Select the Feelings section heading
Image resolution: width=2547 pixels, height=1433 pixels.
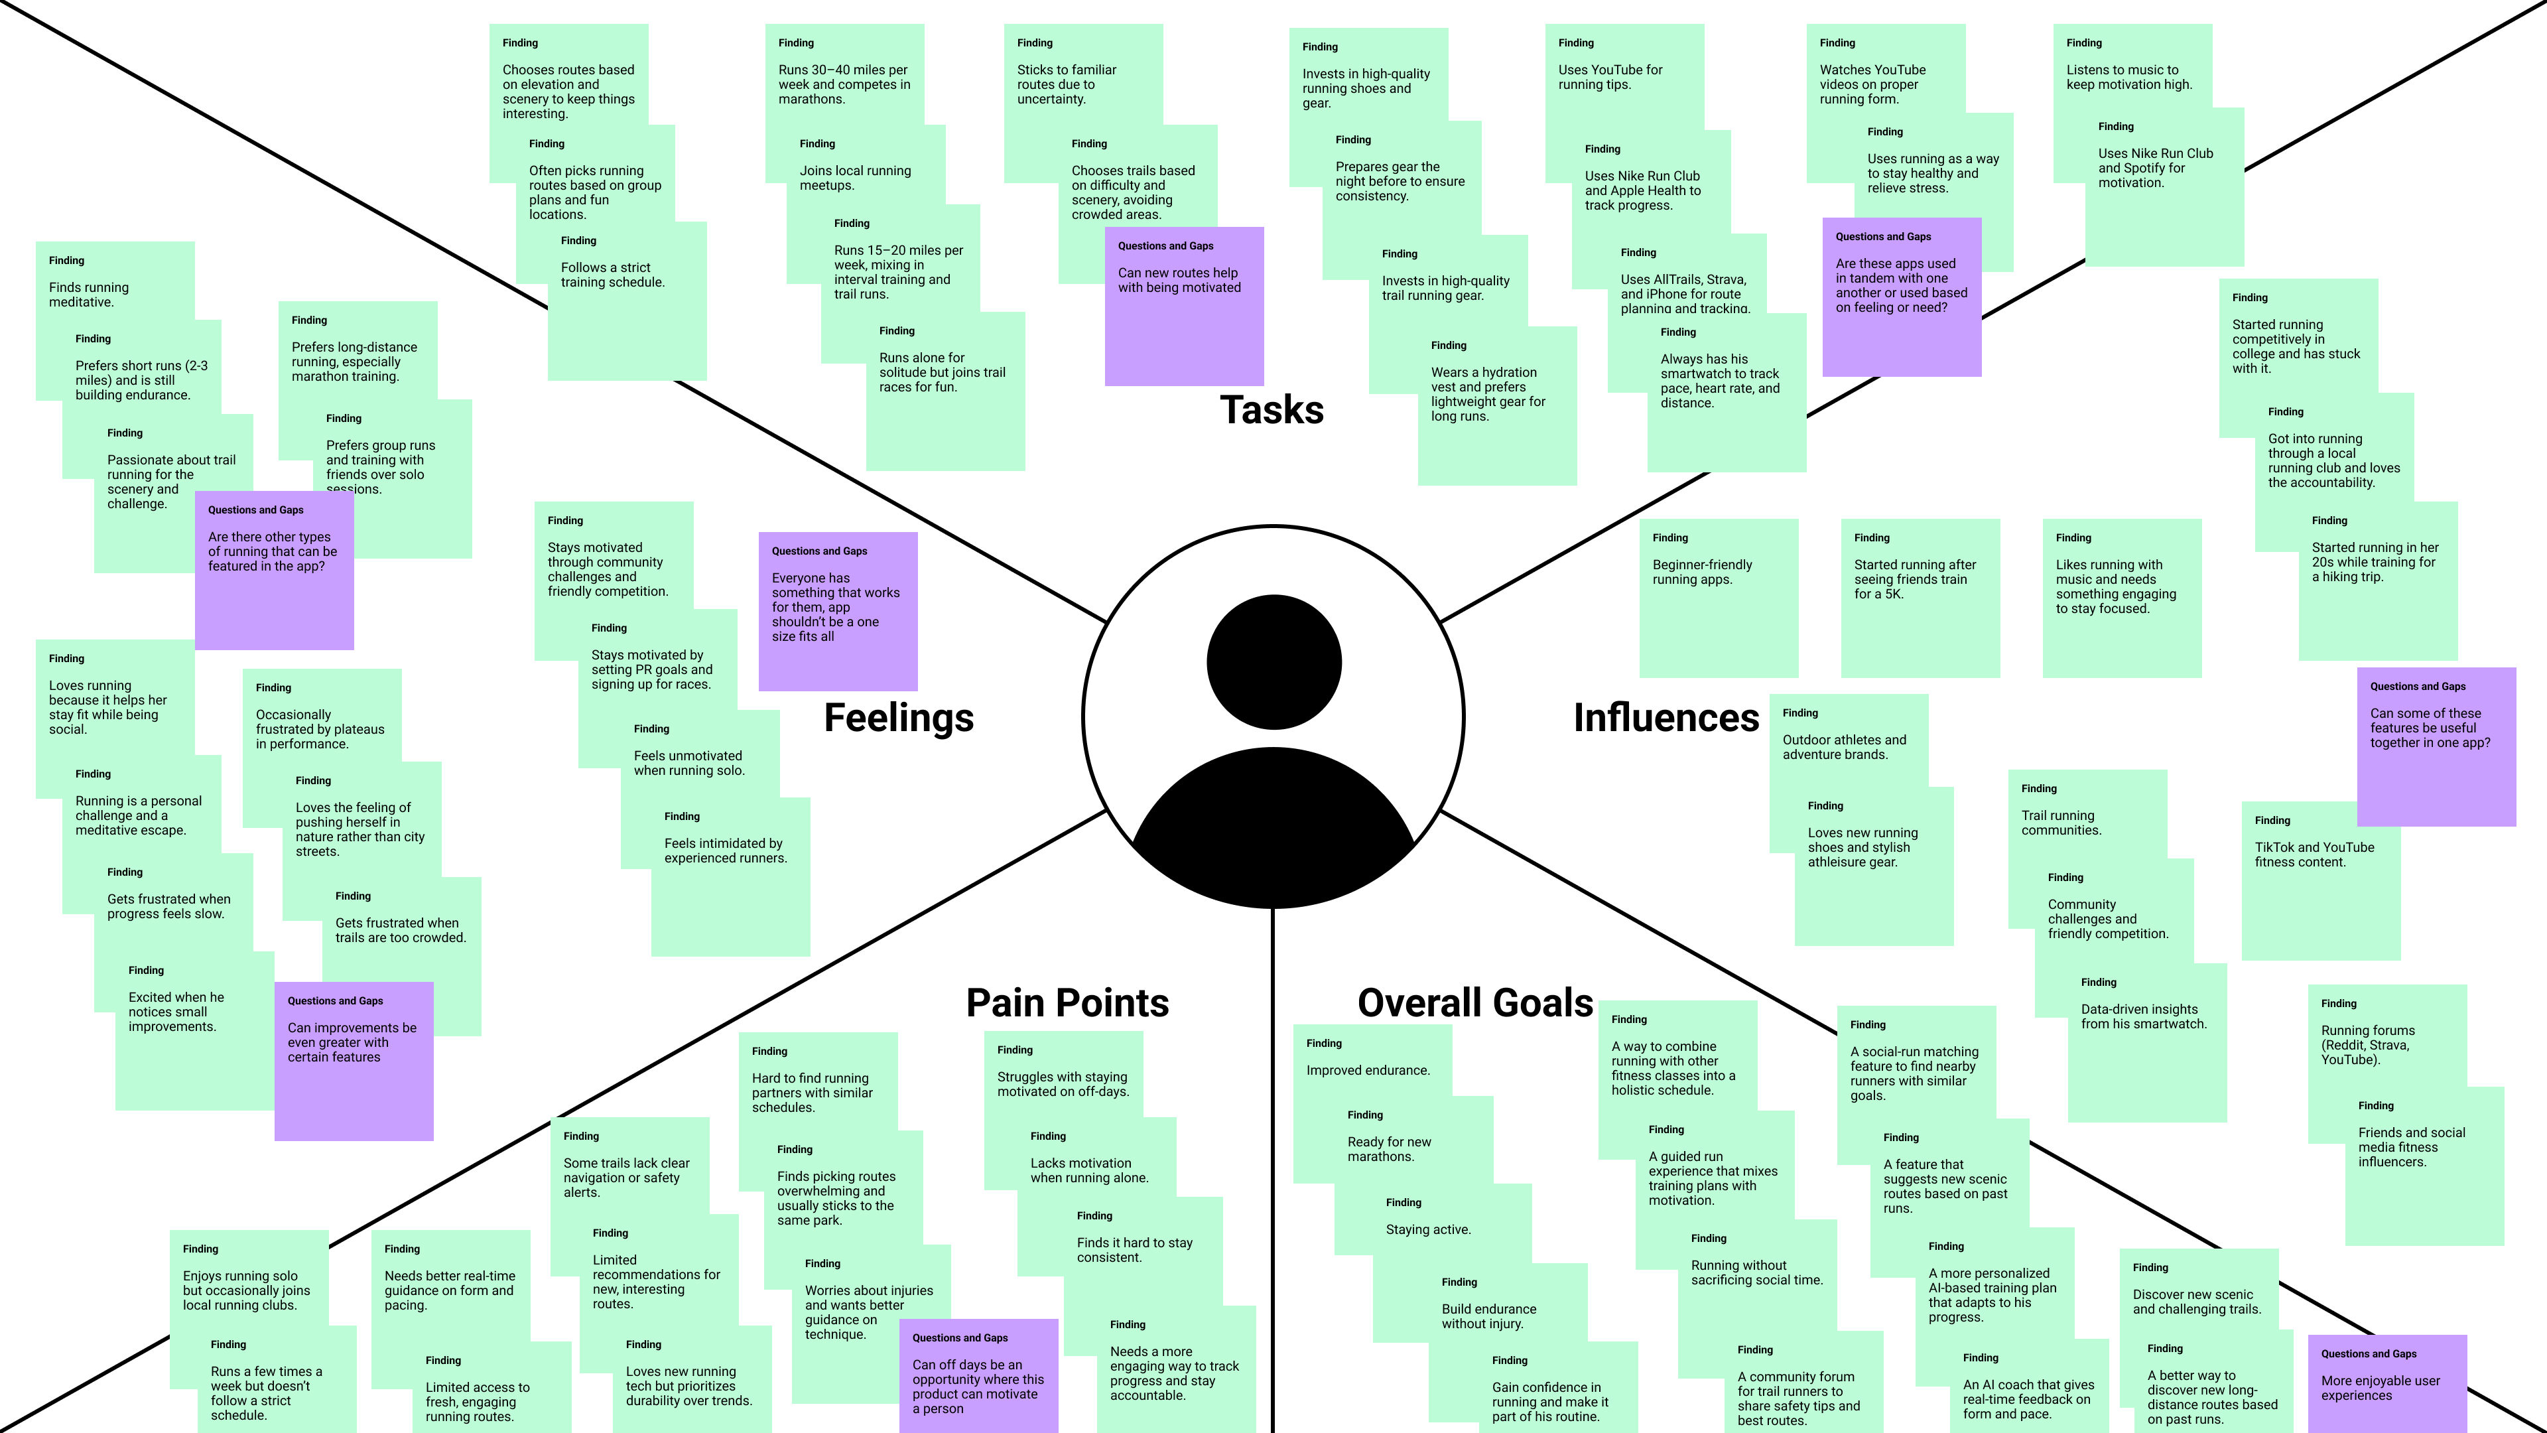pos(899,718)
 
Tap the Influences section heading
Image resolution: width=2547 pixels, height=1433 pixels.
pos(1666,718)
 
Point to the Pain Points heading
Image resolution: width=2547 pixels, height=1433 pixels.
pos(1067,1003)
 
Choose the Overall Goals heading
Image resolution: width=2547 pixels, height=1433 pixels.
pos(1475,1003)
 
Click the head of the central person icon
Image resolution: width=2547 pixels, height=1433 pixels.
pos(1273,661)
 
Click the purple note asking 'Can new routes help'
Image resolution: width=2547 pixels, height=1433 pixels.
pos(1183,307)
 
